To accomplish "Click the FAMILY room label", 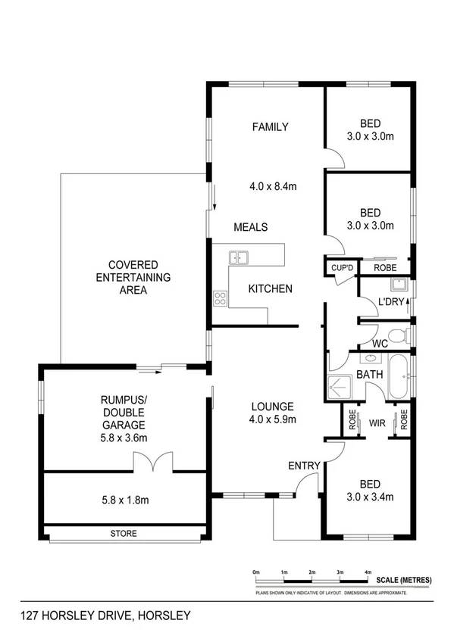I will click(x=271, y=126).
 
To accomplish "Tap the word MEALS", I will click(x=250, y=227).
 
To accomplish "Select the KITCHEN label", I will click(x=271, y=288).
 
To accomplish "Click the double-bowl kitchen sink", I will click(x=240, y=258).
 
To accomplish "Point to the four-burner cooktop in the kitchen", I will click(x=221, y=298).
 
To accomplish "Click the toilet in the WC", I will click(x=395, y=335).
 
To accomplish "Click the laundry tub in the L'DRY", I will click(x=399, y=285).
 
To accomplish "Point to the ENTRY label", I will click(x=303, y=465).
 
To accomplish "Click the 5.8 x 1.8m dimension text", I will click(x=125, y=500).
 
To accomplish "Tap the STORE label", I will click(x=125, y=534).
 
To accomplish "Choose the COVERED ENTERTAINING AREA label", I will click(x=133, y=278).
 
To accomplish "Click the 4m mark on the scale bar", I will click(x=368, y=572).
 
